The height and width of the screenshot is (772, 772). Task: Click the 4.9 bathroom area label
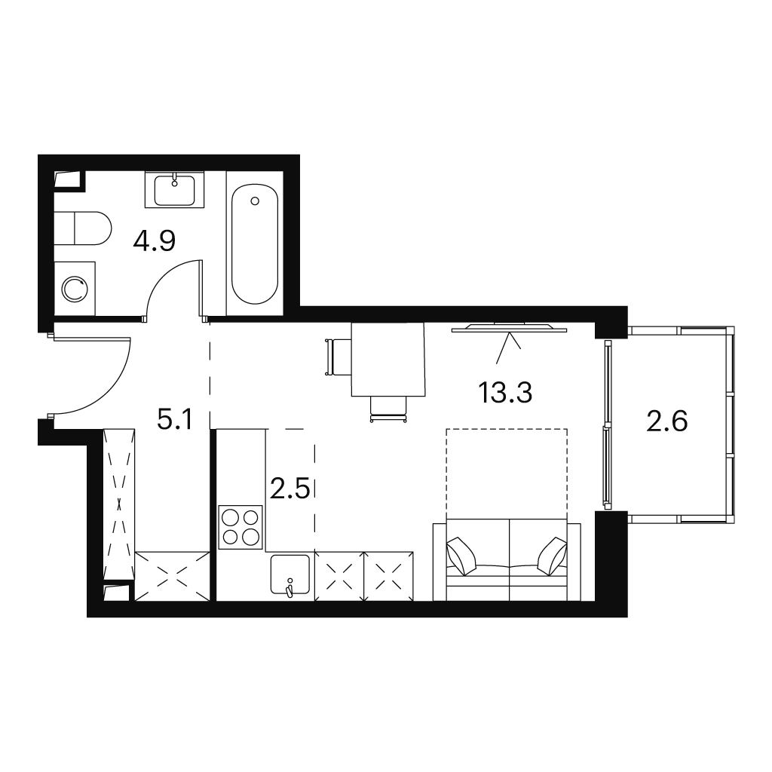(x=154, y=241)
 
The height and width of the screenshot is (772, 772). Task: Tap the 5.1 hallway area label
(x=175, y=420)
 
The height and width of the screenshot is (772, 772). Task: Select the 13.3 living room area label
(x=505, y=393)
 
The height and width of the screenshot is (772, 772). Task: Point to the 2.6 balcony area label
(x=666, y=421)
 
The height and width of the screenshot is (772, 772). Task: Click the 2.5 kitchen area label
(x=290, y=489)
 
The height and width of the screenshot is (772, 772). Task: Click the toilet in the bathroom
(x=83, y=228)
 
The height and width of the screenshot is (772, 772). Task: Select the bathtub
(x=255, y=244)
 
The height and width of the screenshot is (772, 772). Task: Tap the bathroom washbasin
(x=174, y=190)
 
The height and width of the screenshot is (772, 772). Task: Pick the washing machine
(x=75, y=289)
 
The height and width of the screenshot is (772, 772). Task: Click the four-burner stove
(x=240, y=527)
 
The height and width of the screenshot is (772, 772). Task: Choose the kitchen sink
(x=290, y=574)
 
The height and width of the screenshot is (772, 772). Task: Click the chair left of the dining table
(x=338, y=357)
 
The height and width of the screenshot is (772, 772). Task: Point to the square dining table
(x=388, y=359)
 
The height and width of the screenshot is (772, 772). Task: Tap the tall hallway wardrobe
(x=118, y=503)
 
